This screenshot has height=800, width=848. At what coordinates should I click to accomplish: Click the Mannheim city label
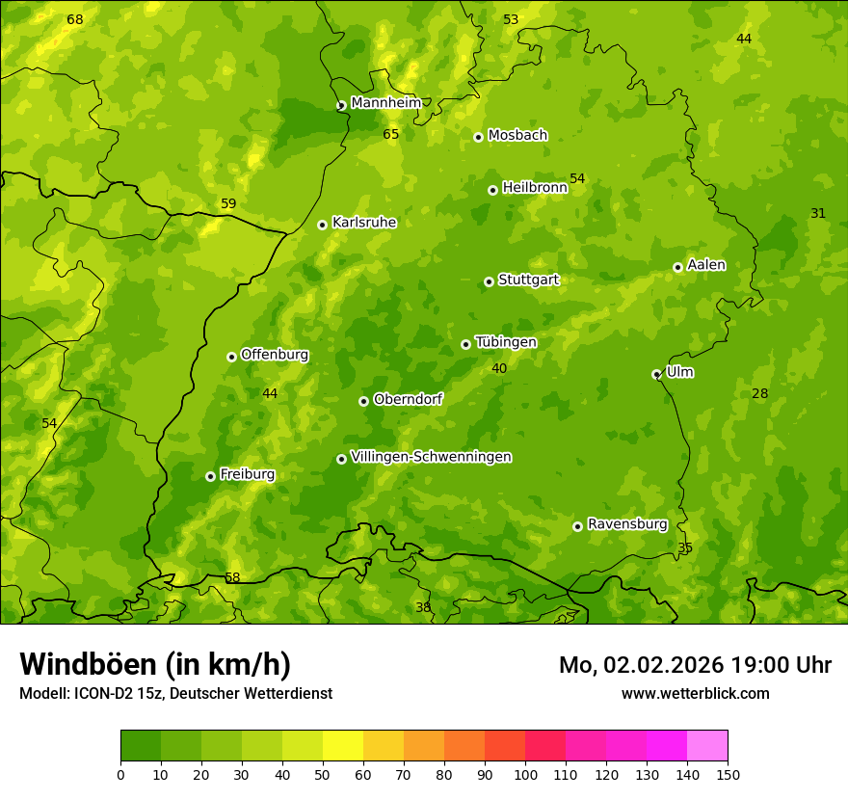385,103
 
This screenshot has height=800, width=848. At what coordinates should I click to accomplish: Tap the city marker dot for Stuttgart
489,281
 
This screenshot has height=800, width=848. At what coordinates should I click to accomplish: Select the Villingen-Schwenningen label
431,457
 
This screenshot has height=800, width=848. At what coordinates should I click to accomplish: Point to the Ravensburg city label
626,524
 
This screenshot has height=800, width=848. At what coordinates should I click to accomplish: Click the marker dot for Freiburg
210,476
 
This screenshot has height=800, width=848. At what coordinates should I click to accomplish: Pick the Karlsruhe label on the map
363,223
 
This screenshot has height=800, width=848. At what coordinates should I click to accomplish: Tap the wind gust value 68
75,20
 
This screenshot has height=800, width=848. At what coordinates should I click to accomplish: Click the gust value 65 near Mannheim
390,135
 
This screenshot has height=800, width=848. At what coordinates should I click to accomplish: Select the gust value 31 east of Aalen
818,214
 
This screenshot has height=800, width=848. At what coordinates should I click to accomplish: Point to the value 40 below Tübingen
499,369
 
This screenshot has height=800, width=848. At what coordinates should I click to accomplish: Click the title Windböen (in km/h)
155,664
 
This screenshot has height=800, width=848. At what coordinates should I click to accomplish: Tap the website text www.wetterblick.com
695,694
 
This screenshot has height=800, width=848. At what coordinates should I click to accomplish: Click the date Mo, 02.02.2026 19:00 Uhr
695,665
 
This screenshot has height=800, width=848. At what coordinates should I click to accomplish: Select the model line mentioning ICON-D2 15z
175,694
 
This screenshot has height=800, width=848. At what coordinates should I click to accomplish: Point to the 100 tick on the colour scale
525,774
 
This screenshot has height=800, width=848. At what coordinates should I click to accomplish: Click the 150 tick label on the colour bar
728,774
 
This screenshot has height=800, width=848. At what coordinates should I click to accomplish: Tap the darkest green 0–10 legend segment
141,746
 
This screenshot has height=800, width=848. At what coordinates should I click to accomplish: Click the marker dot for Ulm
656,374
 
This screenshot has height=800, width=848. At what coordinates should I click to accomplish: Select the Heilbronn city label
534,188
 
